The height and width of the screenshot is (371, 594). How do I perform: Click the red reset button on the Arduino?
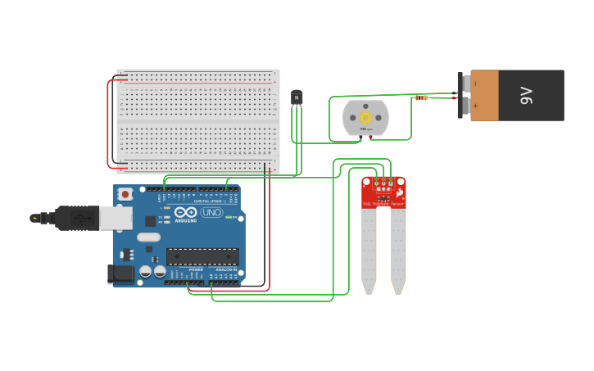(x=125, y=194)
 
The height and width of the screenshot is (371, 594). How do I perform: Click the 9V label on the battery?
(x=528, y=95)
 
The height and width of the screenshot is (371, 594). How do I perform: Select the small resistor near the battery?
(x=421, y=97)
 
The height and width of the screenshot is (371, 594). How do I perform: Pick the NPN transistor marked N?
(x=297, y=97)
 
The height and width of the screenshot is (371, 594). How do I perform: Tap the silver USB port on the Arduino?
(x=116, y=217)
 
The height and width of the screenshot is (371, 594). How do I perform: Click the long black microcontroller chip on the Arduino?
(x=202, y=256)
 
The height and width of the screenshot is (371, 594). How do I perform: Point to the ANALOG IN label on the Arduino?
(x=226, y=269)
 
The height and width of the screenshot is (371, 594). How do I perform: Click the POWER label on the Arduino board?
(x=196, y=269)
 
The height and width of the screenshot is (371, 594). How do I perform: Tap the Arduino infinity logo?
(x=179, y=212)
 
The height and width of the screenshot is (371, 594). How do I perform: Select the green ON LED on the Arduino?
(x=236, y=218)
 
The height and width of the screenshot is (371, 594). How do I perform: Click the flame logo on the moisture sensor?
(x=399, y=193)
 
